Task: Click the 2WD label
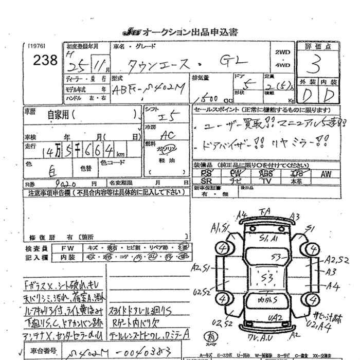(282, 52)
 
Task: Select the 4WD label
(282, 65)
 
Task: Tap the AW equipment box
(326, 174)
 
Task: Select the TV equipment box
(266, 182)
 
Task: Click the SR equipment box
(206, 182)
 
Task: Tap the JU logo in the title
(131, 32)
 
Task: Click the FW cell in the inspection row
(67, 247)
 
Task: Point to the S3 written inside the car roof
(266, 278)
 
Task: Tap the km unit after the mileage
(120, 154)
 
